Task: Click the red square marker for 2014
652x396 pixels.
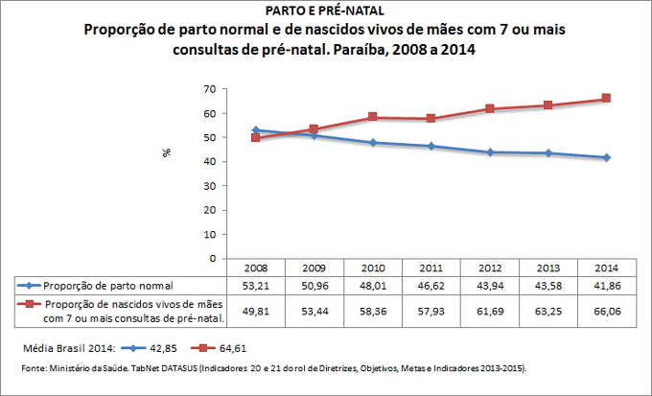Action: pyautogui.click(x=606, y=99)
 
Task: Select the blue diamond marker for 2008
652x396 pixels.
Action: pyautogui.click(x=256, y=129)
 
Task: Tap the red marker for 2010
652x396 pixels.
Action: pyautogui.click(x=373, y=117)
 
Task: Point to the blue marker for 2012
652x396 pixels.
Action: pyautogui.click(x=490, y=151)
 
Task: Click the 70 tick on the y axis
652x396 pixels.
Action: pyautogui.click(x=208, y=89)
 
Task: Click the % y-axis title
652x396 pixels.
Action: pyautogui.click(x=166, y=152)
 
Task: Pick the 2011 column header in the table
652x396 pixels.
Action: pyautogui.click(x=431, y=268)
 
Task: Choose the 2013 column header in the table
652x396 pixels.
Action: pyautogui.click(x=548, y=268)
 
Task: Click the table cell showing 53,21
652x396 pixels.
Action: pyautogui.click(x=256, y=286)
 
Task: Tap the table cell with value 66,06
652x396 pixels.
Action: pyautogui.click(x=606, y=311)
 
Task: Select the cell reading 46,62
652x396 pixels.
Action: pyautogui.click(x=431, y=286)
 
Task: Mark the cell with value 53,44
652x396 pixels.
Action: pyautogui.click(x=314, y=311)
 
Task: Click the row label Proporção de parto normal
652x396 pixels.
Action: pyautogui.click(x=109, y=286)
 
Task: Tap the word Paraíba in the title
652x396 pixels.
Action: pyautogui.click(x=396, y=49)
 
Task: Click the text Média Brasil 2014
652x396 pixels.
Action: pyautogui.click(x=59, y=347)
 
